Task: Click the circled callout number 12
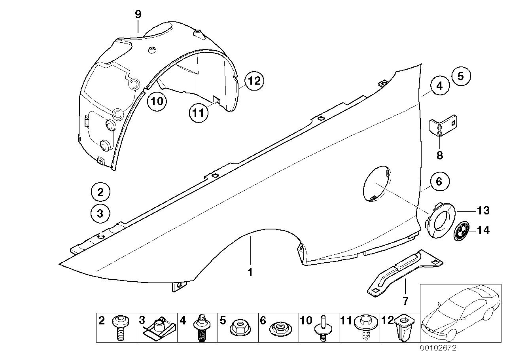[254, 81]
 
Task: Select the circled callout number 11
[198, 113]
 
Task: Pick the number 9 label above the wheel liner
[138, 15]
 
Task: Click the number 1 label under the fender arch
[250, 273]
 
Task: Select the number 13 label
[483, 210]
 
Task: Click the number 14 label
[483, 230]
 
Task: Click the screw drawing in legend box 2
[119, 327]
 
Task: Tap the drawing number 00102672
[438, 348]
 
